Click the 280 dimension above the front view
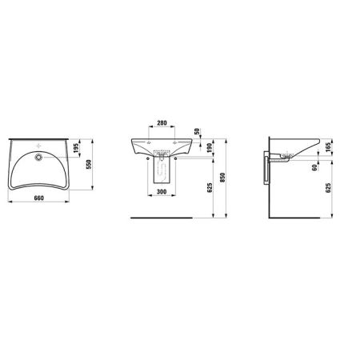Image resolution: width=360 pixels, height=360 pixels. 162,124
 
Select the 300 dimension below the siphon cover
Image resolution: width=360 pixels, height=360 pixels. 162,192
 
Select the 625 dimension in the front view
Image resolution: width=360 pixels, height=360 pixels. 210,187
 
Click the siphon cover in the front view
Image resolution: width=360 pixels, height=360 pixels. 162,172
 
